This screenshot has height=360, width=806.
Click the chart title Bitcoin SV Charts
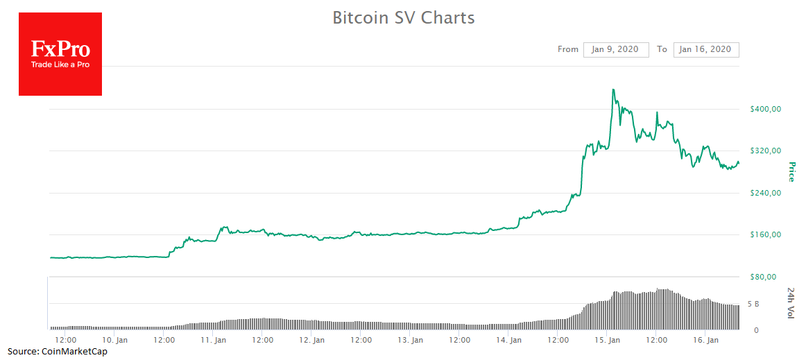pos(403,18)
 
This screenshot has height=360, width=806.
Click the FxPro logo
pos(60,54)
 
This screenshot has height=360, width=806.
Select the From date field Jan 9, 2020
pos(616,49)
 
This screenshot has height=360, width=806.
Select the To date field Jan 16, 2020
pos(705,49)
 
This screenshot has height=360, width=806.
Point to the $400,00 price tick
pos(766,109)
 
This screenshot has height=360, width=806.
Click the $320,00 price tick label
pos(766,151)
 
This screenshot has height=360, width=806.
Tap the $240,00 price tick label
pos(766,193)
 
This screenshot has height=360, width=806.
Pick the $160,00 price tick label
pos(766,234)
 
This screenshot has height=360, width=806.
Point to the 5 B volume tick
pos(753,304)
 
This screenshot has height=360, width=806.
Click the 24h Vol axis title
pos(791,302)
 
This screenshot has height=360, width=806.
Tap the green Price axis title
pos(791,171)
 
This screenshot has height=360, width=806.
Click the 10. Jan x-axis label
pos(114,340)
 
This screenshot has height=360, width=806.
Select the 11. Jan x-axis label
pos(214,340)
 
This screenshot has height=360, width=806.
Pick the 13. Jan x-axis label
pos(411,340)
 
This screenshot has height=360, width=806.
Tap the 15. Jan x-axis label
pos(608,340)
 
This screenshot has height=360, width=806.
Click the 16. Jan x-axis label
pos(705,340)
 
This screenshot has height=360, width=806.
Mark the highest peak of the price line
pos(614,89)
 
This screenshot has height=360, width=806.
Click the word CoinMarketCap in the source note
pos(79,352)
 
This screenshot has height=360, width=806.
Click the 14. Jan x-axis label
pos(509,340)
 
